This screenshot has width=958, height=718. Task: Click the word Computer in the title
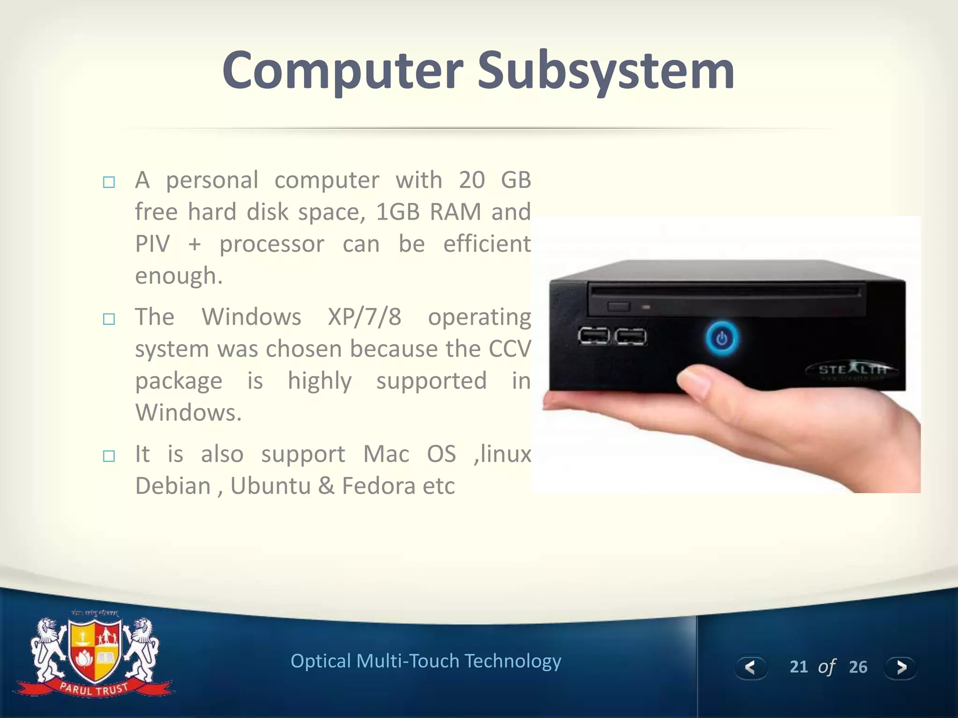343,71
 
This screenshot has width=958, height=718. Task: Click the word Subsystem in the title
606,71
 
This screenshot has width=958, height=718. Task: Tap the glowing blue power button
722,338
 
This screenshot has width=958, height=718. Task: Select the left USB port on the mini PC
594,336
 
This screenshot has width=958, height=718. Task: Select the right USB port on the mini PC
631,337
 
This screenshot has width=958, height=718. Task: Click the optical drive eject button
618,307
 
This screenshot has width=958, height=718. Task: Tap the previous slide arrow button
751,667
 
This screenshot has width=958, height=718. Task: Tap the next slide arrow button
900,667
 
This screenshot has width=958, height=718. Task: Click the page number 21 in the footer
798,667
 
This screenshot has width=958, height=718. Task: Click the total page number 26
858,667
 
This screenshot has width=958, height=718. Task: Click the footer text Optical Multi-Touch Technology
426,661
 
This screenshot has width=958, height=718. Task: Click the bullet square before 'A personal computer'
109,182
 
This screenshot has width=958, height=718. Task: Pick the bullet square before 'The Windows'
109,319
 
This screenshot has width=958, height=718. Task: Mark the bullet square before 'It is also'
109,456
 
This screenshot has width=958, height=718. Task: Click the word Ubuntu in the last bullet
270,486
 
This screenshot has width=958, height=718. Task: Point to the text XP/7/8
364,317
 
